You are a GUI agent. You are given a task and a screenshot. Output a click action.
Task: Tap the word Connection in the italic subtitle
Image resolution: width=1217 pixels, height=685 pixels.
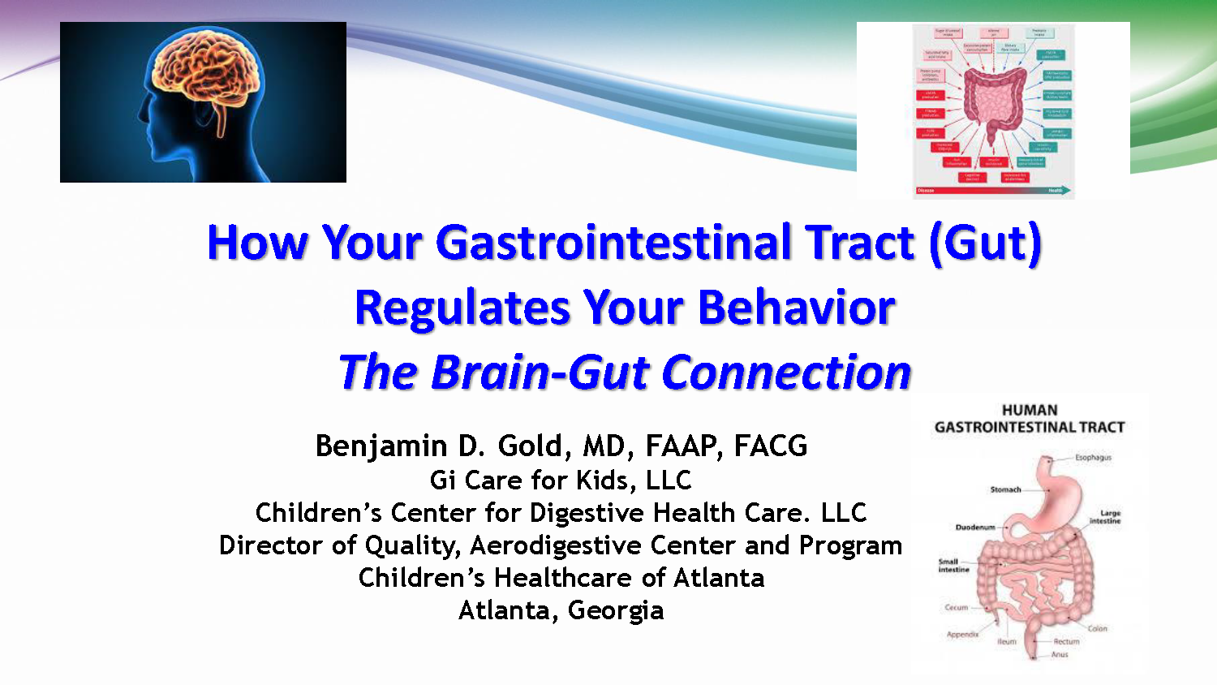tap(786, 373)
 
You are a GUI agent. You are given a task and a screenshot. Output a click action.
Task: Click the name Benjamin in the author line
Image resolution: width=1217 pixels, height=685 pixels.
tap(381, 446)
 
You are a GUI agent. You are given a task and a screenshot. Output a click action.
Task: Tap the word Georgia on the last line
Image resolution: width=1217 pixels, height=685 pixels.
tap(616, 610)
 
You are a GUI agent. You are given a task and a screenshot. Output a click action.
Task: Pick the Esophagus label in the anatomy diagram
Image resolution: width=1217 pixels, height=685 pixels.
tap(1093, 458)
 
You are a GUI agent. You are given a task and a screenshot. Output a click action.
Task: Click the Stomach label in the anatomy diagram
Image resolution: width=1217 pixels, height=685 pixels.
tap(1005, 489)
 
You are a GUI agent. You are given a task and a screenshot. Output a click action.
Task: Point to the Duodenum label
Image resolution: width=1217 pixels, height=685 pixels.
tap(974, 528)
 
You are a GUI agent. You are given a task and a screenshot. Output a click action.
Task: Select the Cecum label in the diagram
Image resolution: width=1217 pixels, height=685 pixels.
tap(956, 607)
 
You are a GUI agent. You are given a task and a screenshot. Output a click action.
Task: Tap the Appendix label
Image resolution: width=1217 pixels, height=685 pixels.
tap(962, 635)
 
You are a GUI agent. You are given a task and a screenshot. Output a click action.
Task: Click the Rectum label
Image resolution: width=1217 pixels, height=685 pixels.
tap(1066, 641)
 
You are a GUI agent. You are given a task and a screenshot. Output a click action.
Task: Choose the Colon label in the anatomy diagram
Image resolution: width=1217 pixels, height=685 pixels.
tap(1097, 628)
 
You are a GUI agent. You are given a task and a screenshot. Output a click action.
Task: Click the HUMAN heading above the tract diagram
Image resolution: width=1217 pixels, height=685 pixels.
tap(1030, 411)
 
